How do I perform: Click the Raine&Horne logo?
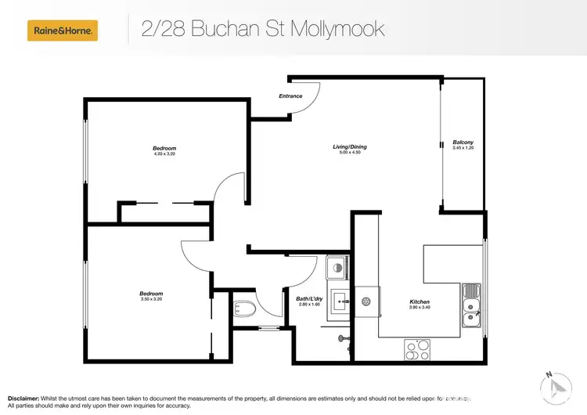point(63,31)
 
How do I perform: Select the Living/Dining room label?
point(349,146)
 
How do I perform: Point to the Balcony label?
point(463,142)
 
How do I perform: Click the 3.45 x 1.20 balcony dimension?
point(463,148)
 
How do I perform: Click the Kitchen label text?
point(420,301)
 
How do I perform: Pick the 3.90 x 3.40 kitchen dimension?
point(420,308)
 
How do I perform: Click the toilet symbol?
point(245,309)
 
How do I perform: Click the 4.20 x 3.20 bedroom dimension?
point(164,154)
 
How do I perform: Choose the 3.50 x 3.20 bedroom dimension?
point(152,300)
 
